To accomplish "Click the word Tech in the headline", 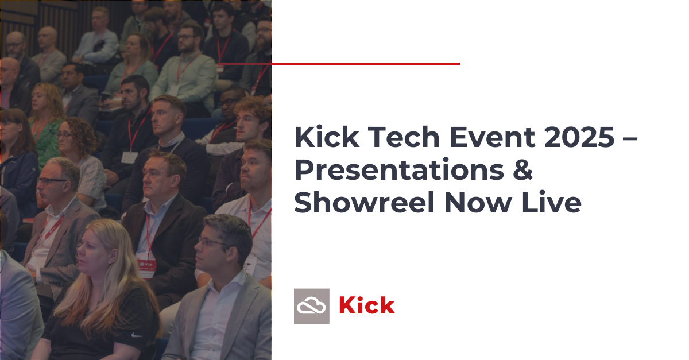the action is pos(403,137).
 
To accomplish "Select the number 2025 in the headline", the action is pos(579,137).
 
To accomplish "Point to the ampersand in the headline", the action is pos(522,169).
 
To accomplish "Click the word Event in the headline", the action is pos(492,137).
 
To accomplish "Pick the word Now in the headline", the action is pos(478,203).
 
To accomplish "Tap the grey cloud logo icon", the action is pos(312,306).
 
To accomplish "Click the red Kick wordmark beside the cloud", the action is pos(367,305).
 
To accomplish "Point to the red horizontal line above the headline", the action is pos(339,64).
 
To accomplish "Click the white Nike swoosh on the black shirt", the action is pos(137,335).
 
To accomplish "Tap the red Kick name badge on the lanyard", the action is pos(146,268).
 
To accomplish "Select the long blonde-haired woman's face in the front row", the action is pos(92,252).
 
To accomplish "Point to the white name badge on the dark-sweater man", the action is pos(129,157).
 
